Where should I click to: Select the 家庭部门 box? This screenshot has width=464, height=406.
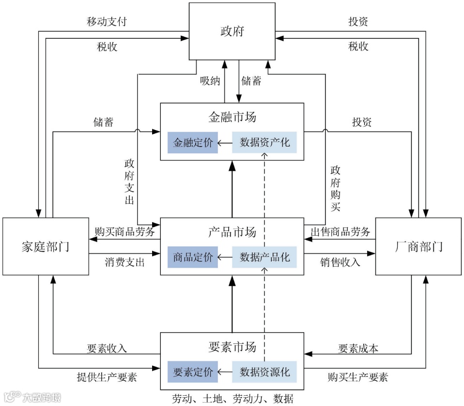pos(46,246)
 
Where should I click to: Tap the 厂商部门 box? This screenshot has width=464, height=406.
pos(418,246)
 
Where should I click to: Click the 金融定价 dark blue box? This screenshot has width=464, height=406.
pos(193,143)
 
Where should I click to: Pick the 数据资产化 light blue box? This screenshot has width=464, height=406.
pos(264,143)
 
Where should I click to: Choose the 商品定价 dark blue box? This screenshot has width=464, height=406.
pos(193,257)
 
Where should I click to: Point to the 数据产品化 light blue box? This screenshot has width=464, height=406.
pos(264,257)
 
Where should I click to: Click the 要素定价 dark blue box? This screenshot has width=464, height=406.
pos(193,372)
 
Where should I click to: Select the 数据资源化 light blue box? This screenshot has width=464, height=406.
pos(264,372)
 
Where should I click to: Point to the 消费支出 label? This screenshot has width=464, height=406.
pos(124,262)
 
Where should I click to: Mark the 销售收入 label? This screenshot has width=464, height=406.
pos(340,262)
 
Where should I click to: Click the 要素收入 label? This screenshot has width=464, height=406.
pos(107,348)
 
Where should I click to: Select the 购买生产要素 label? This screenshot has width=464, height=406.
pos(357,377)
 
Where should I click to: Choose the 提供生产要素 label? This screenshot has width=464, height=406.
pos(107,377)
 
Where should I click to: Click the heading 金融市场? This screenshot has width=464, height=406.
pos(232,117)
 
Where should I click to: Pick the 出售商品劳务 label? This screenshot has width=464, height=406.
pos(340,231)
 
